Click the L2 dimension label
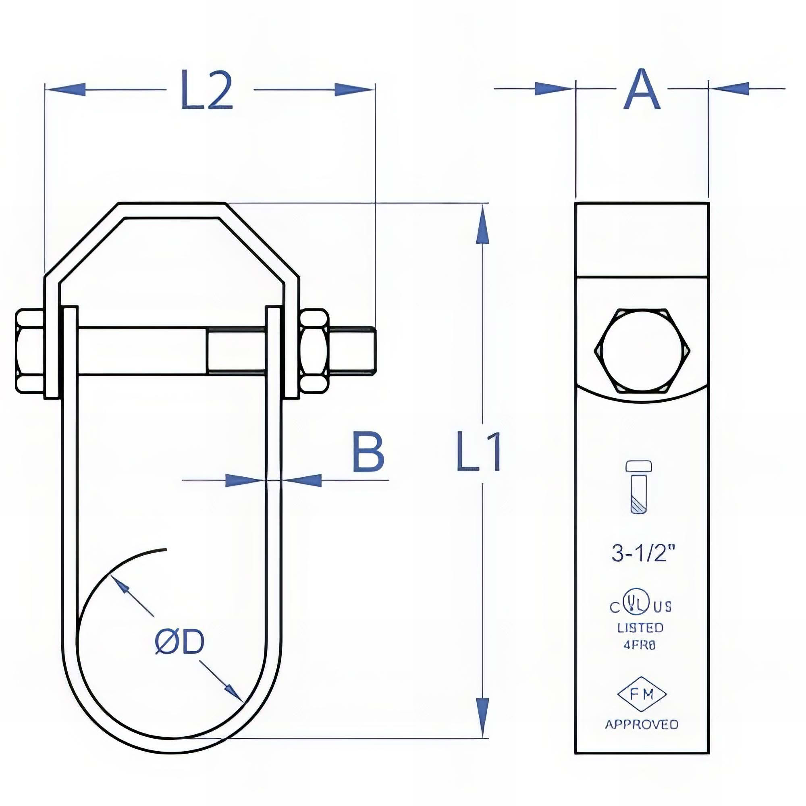click(x=207, y=91)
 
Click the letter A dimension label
click(x=642, y=90)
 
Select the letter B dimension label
click(x=368, y=452)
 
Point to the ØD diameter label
click(x=180, y=642)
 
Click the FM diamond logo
click(x=642, y=695)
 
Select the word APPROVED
click(x=642, y=724)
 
